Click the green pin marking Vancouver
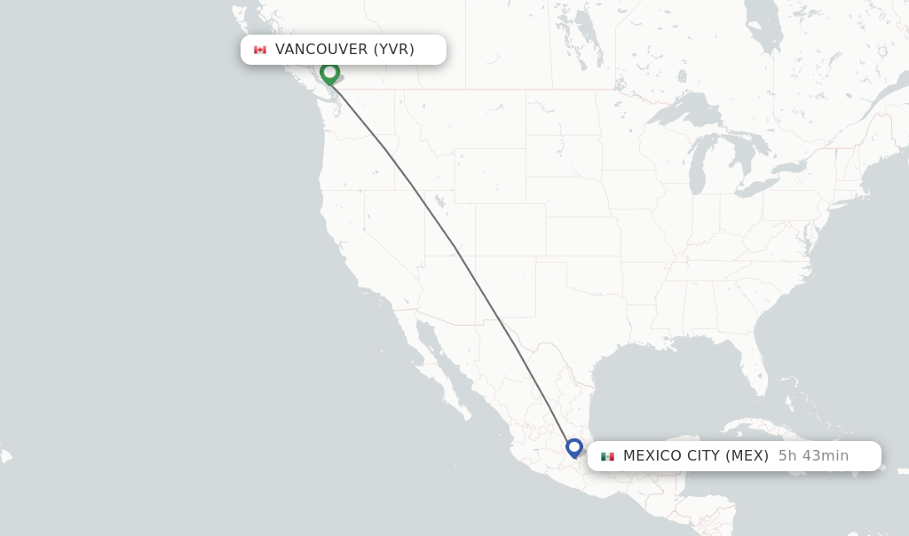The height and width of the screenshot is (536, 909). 330,73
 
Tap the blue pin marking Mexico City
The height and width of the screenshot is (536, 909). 574,447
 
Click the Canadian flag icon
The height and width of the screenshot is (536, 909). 260,50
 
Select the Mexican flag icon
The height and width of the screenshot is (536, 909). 607,456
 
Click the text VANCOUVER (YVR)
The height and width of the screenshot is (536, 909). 344,50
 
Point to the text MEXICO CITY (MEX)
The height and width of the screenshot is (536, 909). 695,456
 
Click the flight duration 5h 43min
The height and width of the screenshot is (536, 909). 813,456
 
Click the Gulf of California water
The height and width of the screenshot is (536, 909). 444,355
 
